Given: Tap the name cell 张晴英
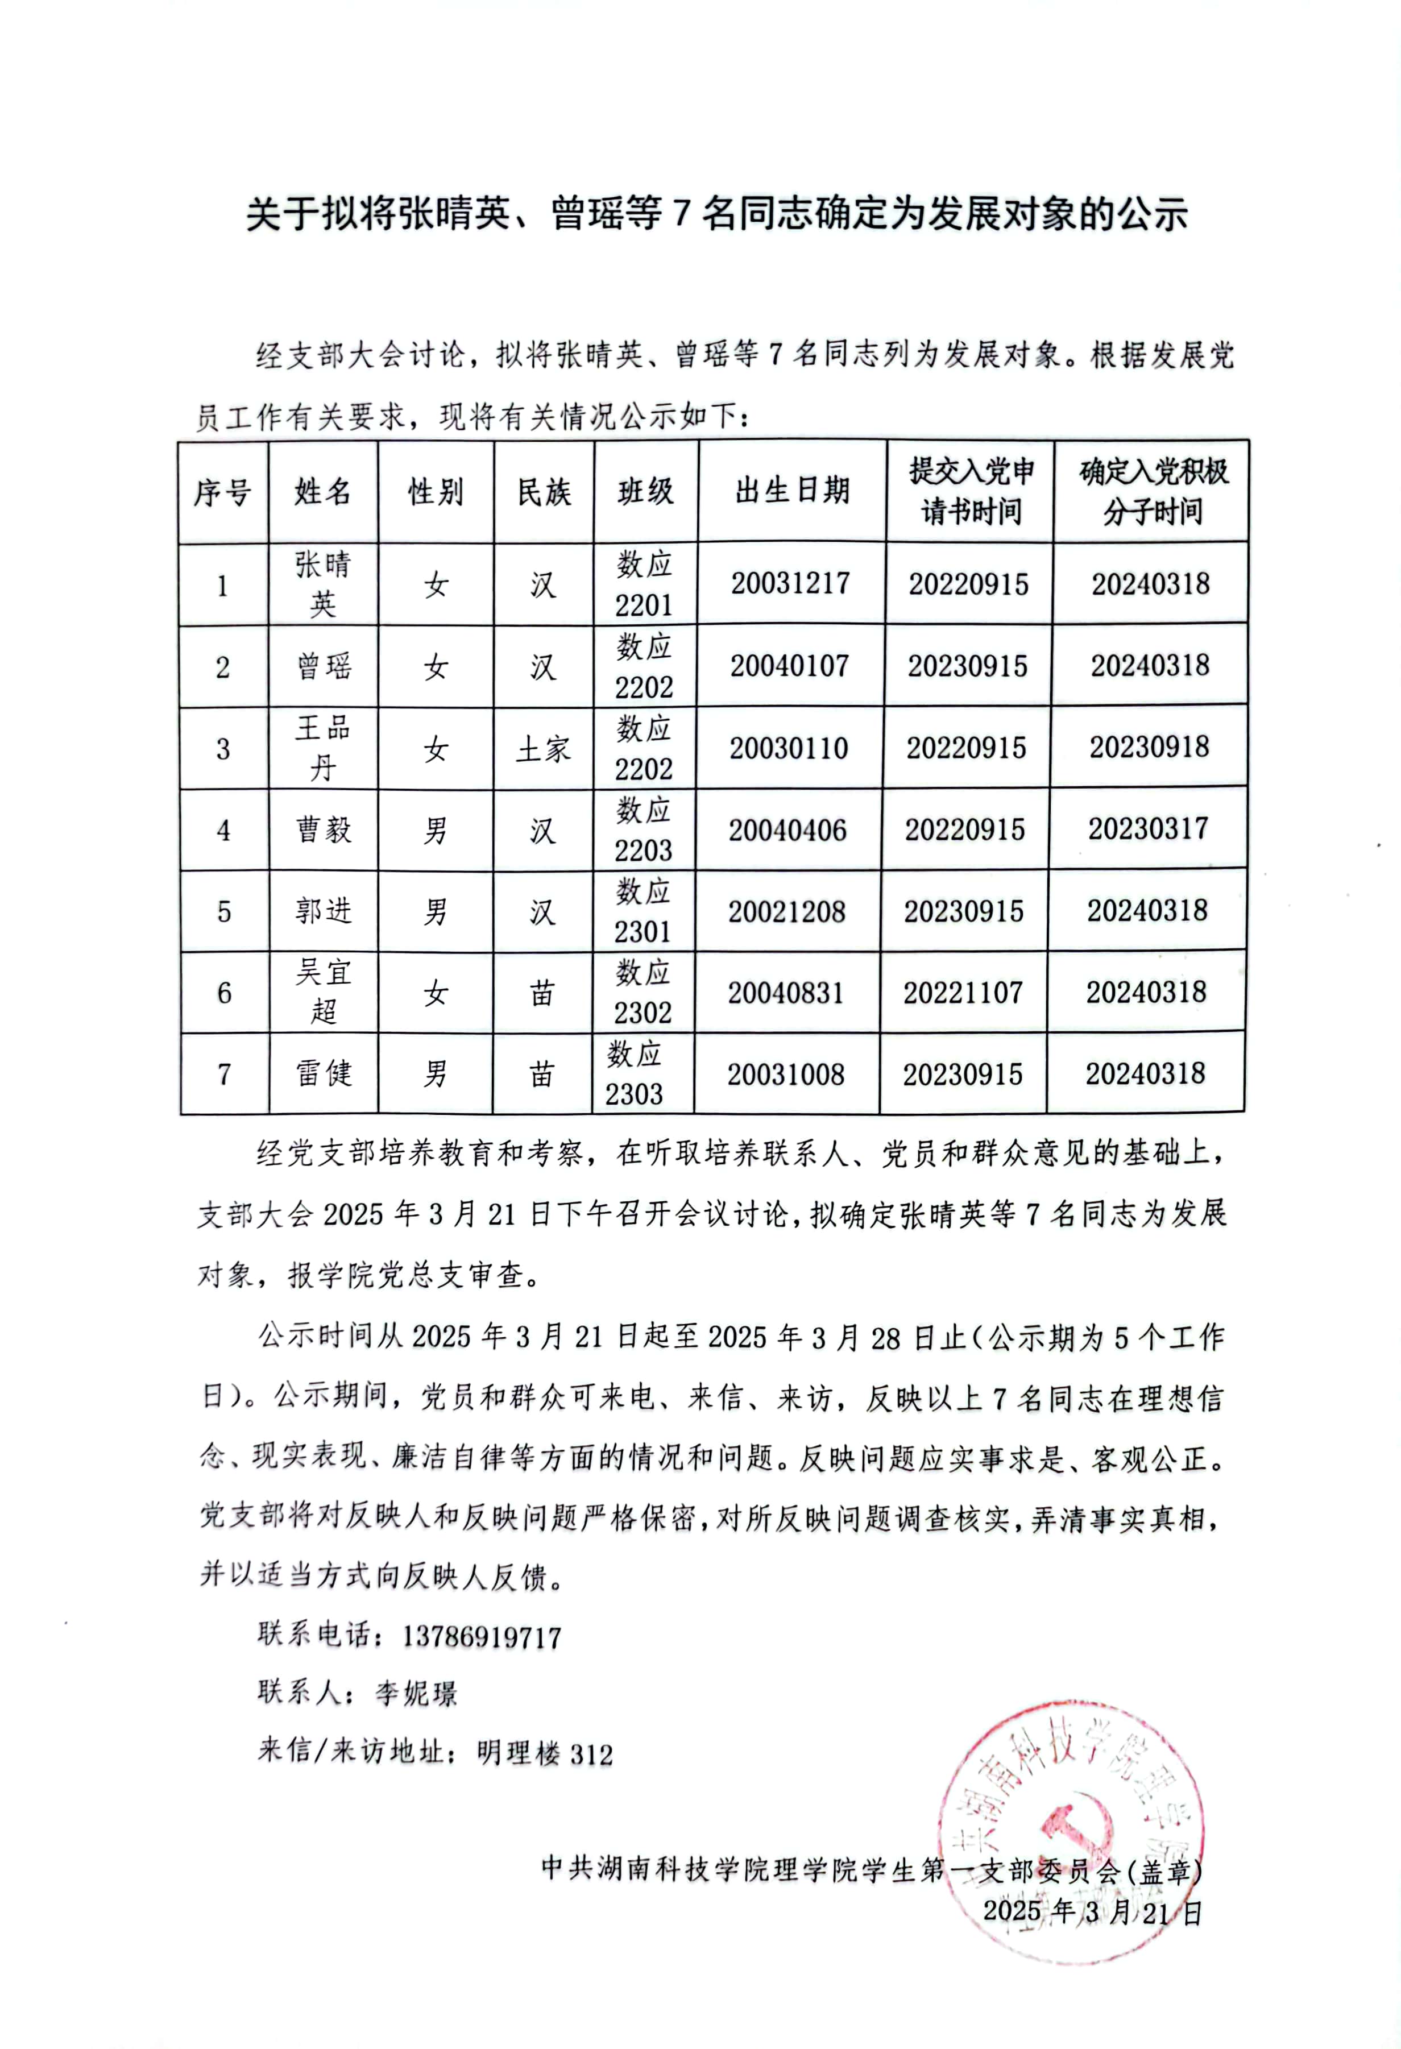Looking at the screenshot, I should pos(323,584).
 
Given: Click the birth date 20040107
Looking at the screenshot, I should pos(789,666).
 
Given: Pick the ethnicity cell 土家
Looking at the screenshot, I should pos(543,749).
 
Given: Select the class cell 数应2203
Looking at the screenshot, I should pos(644,829).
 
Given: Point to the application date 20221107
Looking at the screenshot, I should pos(963,993).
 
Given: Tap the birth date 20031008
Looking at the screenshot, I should pos(786,1074).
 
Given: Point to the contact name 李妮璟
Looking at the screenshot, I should pos(416,1694).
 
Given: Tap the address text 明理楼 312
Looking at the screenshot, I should pos(544,1753).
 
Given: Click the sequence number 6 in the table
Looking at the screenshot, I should pos(224,993).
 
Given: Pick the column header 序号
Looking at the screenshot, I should pos(222,492).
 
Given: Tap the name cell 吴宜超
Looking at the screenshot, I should pos(323,992).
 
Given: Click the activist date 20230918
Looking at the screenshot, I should pos(1149,748).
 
